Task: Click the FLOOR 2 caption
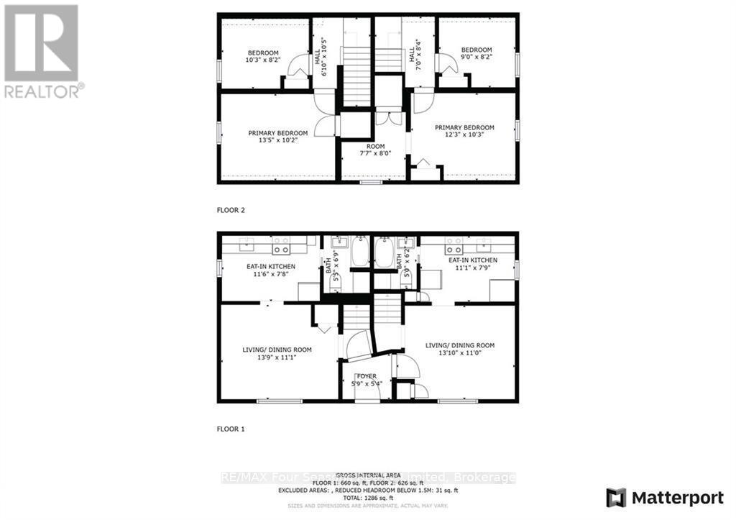pos(231,211)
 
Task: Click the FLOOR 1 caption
pos(231,429)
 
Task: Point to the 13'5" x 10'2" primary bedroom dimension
pos(278,140)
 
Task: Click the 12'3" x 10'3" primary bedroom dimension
pos(464,134)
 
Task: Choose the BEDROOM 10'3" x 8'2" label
pos(263,56)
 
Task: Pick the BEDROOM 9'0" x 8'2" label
pos(477,54)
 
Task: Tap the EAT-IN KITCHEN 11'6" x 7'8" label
pos(262,269)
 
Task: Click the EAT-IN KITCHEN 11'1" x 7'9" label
pos(472,264)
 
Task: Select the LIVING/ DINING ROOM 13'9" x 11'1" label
pos(277,353)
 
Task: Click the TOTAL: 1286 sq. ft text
pos(367,496)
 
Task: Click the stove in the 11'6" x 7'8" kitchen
pos(280,250)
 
